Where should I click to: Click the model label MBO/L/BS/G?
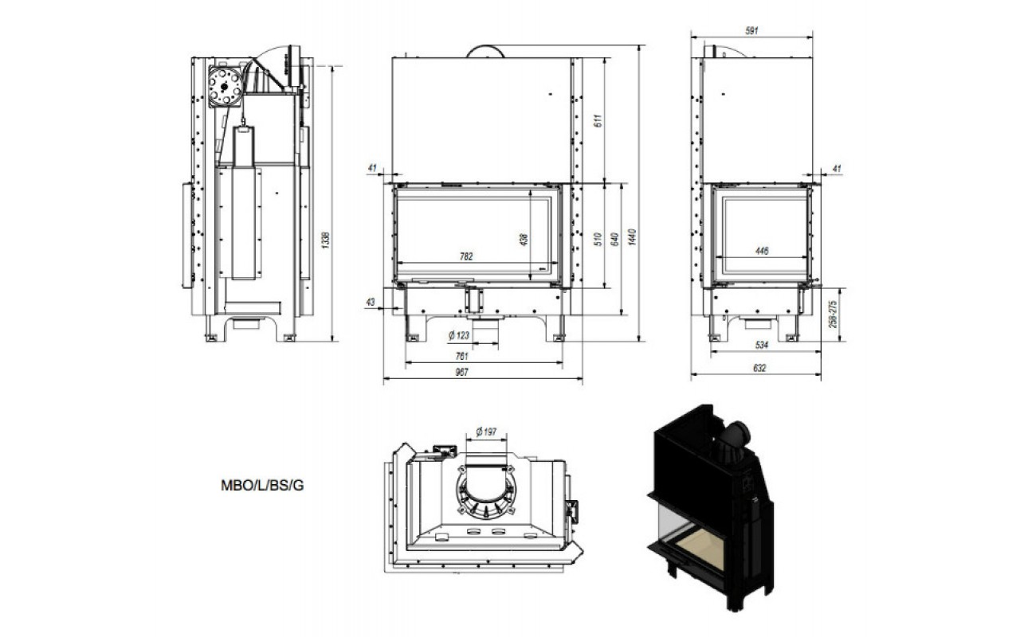pos(262,486)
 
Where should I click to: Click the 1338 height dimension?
pos(325,240)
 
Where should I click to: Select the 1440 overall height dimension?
pos(632,237)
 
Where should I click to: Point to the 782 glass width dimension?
pos(466,256)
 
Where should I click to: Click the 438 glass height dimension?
pos(524,240)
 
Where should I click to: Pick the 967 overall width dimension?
pos(461,372)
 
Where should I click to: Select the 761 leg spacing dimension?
pos(461,356)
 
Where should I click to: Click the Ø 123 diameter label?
pos(458,336)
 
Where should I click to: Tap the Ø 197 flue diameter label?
pos(486,432)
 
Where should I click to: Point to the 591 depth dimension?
pos(751,30)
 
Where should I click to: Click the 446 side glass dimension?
pos(762,251)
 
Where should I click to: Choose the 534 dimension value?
pos(762,345)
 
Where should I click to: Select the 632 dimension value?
pos(759,368)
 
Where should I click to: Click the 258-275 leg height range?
pos(833,314)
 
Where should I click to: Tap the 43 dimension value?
pos(371,302)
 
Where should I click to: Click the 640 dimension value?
pos(614,240)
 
